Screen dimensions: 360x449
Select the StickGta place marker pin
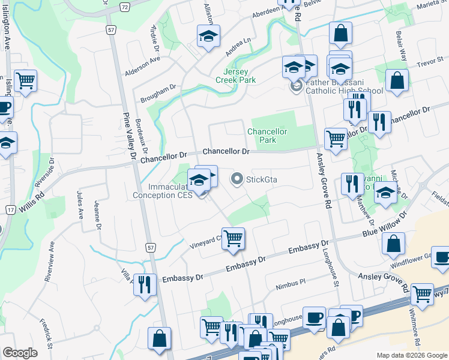click(237, 179)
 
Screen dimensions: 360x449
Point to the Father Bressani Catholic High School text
click(344, 88)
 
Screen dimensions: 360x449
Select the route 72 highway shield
click(124, 6)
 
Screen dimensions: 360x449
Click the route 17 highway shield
click(10, 209)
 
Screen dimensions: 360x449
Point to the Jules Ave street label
click(79, 206)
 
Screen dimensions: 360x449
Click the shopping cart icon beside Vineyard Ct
click(233, 238)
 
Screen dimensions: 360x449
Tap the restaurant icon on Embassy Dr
click(144, 284)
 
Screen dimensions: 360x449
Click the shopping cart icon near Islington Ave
click(26, 80)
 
